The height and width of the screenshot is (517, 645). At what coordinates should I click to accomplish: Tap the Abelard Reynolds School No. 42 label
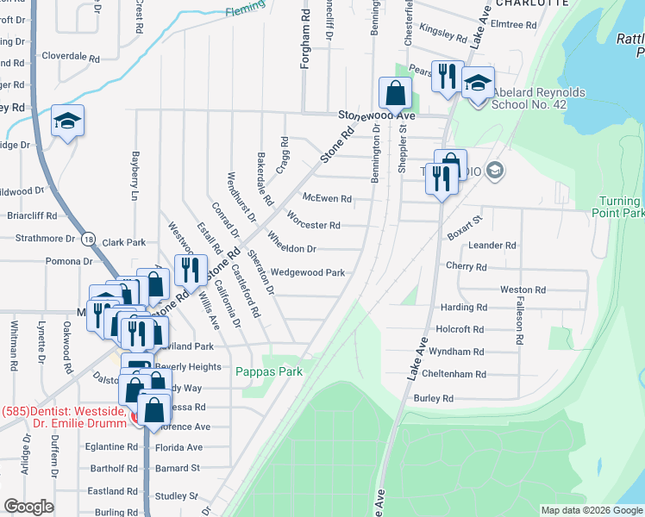[538, 100]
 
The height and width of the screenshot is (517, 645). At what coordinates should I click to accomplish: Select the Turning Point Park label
[621, 207]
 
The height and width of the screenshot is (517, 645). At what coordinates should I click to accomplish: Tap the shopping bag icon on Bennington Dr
[395, 93]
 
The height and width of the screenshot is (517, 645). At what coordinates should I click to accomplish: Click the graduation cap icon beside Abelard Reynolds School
[478, 84]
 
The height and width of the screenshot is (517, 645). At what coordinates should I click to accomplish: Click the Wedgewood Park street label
[308, 273]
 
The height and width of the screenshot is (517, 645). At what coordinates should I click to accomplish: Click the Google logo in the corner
[28, 507]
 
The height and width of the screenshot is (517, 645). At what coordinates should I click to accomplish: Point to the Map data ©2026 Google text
[592, 510]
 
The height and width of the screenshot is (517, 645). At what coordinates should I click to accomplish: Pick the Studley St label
[177, 496]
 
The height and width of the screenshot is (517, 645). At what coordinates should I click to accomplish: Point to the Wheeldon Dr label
[291, 249]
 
